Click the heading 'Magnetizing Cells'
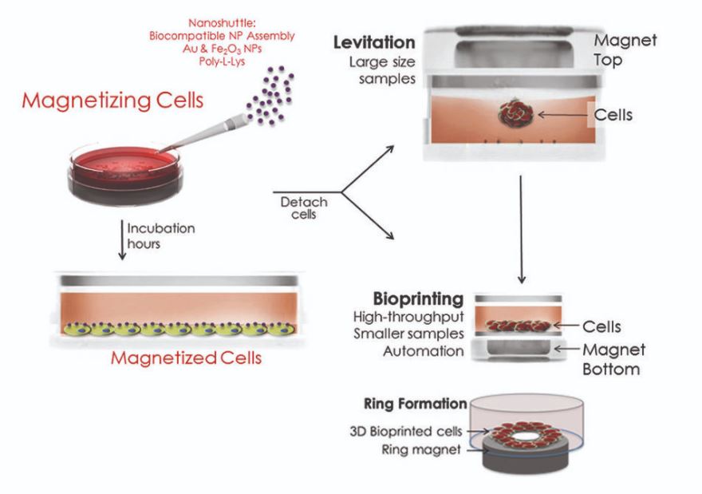(112, 101)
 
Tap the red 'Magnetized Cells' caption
(186, 358)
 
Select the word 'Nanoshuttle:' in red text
(222, 23)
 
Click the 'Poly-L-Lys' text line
(222, 61)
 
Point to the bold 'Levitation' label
(374, 42)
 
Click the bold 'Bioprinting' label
(418, 299)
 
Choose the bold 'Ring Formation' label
(416, 404)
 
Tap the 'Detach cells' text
(304, 207)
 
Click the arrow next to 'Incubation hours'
(122, 239)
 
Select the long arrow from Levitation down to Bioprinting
(521, 229)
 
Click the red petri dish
(125, 175)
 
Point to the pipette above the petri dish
(203, 133)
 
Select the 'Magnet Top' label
(625, 49)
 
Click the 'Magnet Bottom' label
(613, 359)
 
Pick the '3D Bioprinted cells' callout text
(405, 431)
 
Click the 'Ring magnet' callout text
(421, 449)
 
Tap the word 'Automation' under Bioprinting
(423, 352)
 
